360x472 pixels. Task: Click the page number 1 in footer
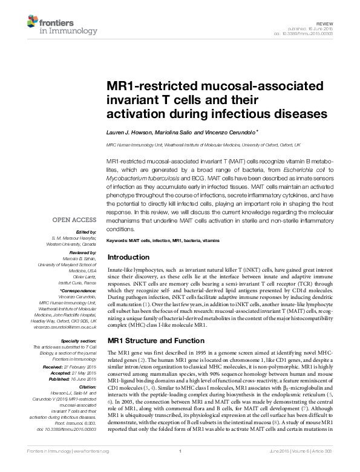coord(180,468)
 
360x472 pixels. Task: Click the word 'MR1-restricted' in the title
coord(149,86)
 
